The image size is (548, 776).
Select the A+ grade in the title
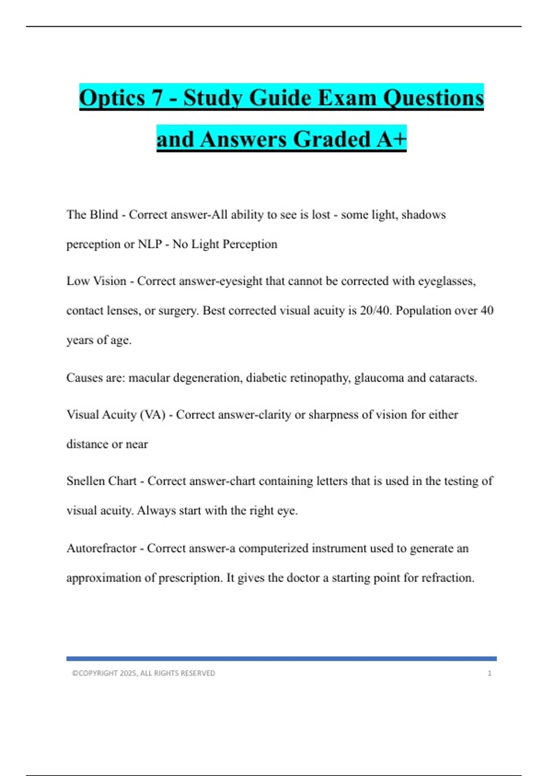click(391, 139)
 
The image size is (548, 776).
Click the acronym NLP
click(150, 244)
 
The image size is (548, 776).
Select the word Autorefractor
click(101, 548)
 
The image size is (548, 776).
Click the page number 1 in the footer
click(490, 673)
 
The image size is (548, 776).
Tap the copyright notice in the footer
click(143, 673)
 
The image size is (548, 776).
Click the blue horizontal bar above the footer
click(281, 659)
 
